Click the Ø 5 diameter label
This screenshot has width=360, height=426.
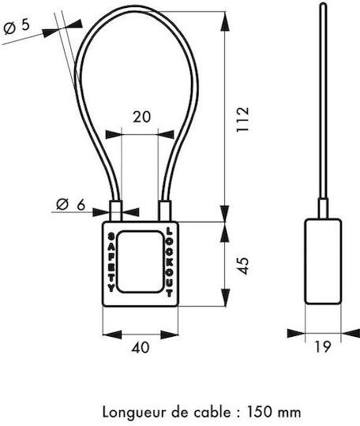click(17, 28)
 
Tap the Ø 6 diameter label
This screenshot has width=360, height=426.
click(71, 204)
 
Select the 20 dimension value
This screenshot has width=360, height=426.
click(141, 117)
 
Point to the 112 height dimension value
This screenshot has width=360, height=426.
click(242, 120)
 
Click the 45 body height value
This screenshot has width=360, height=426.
click(243, 266)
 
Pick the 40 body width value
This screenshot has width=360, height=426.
click(141, 347)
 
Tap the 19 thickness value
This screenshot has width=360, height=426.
click(323, 346)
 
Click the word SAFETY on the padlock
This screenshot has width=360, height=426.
click(111, 263)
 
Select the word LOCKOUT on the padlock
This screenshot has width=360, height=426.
click(169, 262)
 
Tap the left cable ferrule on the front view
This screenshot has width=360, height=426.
click(116, 211)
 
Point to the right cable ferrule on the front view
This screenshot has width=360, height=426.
click(165, 211)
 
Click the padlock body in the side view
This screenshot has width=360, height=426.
click(323, 261)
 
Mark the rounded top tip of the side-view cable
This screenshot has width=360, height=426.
click(323, 3)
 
